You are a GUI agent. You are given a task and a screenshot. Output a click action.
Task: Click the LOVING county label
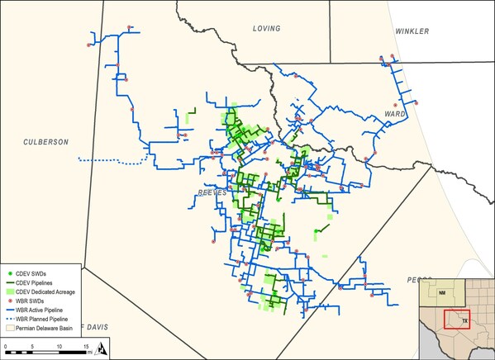tap(267, 28)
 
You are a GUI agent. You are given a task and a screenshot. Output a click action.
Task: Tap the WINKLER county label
tap(412, 31)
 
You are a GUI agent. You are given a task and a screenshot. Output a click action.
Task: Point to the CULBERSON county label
tap(45, 142)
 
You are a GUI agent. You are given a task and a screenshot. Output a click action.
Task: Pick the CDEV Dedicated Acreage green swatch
tap(9, 291)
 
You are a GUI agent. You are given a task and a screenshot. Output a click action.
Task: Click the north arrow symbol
tap(99, 348)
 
